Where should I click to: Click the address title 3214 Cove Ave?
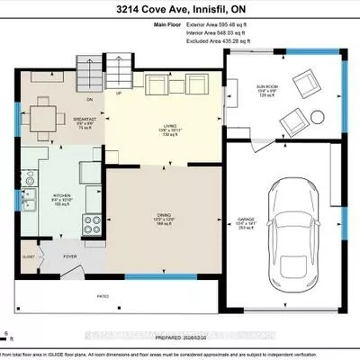pos(179,10)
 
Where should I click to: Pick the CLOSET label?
pos(28,256)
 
